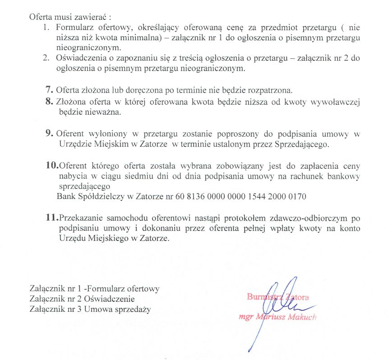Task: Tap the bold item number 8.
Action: pos(49,102)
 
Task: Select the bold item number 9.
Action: pos(49,134)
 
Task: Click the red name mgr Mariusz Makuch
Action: pos(278,317)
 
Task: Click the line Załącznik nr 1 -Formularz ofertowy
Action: pos(94,288)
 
